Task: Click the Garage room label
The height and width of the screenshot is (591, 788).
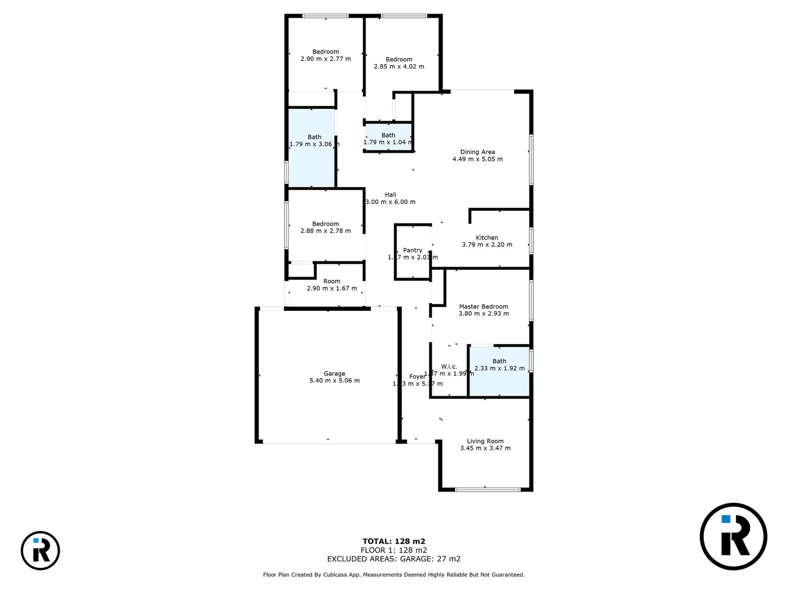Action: pos(334,374)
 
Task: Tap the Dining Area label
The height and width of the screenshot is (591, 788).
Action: pos(478,152)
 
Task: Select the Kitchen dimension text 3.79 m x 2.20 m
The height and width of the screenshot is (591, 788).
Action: pos(487,245)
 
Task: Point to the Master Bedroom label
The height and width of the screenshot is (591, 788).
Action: pos(483,306)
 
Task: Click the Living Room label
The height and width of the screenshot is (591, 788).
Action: pos(485,441)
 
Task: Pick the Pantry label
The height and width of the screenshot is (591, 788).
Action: pos(413,250)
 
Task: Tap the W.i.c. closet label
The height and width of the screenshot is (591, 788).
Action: pos(449,367)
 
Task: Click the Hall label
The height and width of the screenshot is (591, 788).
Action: pos(390,195)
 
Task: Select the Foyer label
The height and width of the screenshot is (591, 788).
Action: pos(417,376)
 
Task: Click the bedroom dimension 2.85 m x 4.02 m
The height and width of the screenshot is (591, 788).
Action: pos(399,67)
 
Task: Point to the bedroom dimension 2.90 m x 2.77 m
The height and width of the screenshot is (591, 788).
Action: pos(326,59)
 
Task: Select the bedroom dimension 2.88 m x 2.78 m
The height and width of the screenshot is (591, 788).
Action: pos(326,231)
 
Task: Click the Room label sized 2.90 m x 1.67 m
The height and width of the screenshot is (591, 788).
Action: pos(332,281)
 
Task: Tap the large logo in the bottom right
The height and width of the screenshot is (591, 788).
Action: pos(733,536)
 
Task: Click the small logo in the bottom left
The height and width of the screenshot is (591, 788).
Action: pos(40,550)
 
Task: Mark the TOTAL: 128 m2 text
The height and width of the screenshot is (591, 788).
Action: pos(394,541)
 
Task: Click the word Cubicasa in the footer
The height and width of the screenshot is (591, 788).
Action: pos(338,575)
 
